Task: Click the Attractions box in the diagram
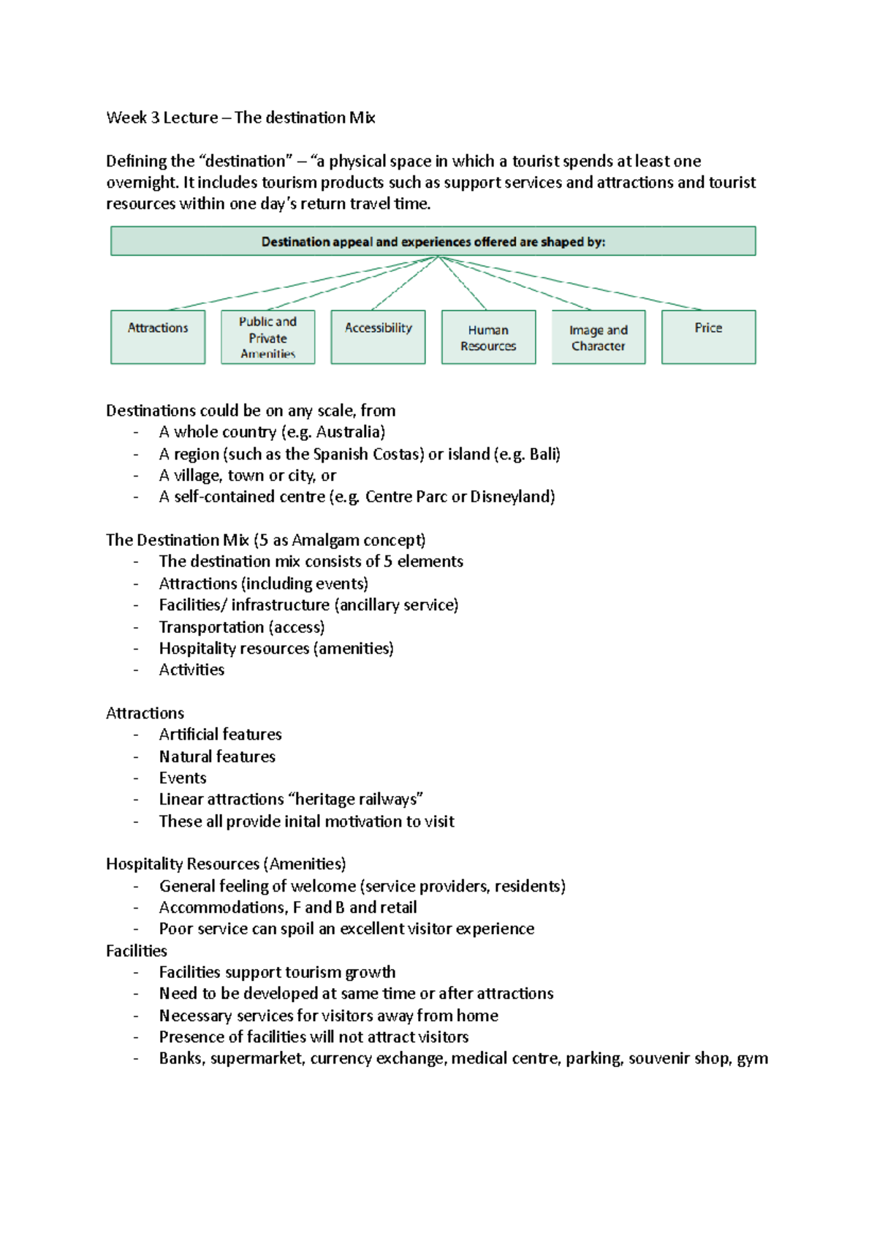(158, 337)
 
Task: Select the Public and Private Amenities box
(267, 337)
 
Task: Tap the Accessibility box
(378, 337)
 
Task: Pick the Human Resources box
(488, 337)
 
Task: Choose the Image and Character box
(598, 337)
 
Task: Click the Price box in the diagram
(708, 337)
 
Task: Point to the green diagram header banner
(433, 241)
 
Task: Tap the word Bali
(543, 454)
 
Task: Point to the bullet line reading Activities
(191, 669)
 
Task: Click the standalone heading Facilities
(137, 951)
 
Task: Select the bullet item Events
(183, 778)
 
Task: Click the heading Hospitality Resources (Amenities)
(226, 864)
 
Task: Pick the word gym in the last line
(752, 1059)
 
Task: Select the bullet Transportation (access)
(242, 627)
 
